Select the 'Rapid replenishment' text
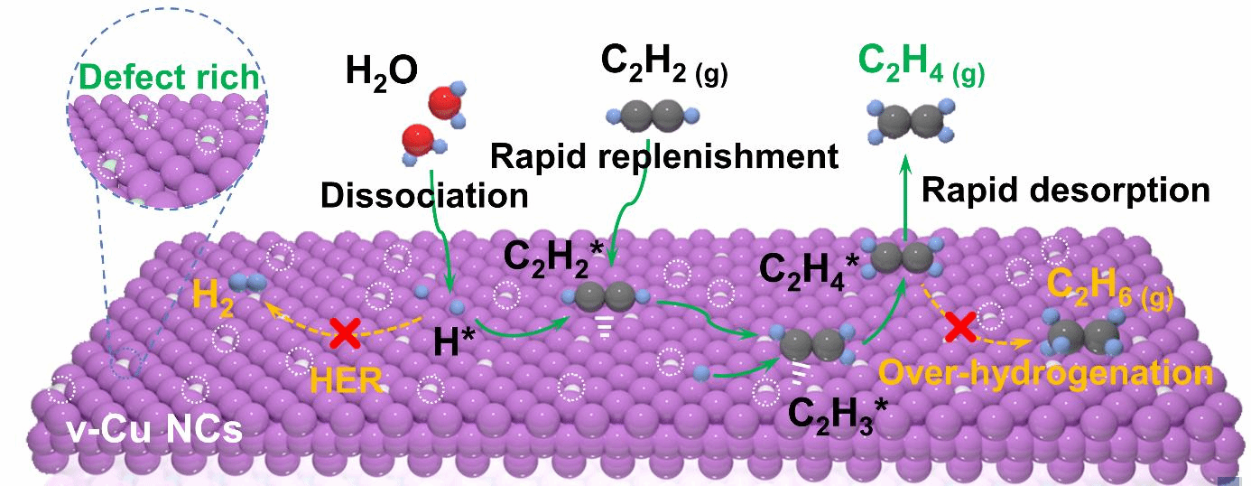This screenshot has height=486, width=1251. pos(664,157)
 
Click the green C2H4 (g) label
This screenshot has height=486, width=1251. pos(921,62)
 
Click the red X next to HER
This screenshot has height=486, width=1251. pos(344,333)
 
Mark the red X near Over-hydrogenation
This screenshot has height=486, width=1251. pos(958,328)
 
